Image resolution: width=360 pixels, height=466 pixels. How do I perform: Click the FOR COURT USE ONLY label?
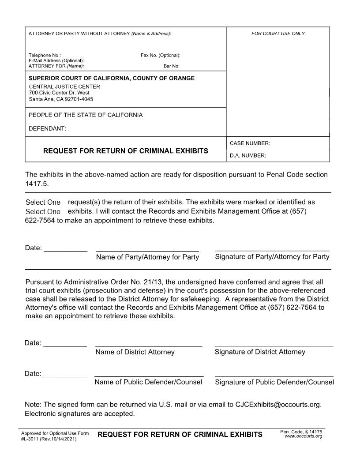pyautogui.click(x=278, y=34)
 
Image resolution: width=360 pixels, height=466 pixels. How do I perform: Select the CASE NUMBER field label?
pyautogui.click(x=250, y=143)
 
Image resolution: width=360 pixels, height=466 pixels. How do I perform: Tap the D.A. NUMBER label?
pyautogui.click(x=247, y=155)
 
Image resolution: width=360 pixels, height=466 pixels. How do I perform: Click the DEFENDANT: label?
pyautogui.click(x=47, y=128)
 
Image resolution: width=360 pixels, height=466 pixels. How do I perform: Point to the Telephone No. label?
pyautogui.click(x=45, y=55)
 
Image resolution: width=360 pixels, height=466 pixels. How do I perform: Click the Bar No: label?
pyautogui.click(x=172, y=66)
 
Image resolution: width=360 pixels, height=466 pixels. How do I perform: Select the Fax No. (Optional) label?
pyautogui.click(x=160, y=55)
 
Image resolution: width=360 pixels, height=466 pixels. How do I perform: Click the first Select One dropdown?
pyautogui.click(x=43, y=202)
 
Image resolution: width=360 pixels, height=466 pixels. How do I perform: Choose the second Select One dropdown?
pyautogui.click(x=43, y=211)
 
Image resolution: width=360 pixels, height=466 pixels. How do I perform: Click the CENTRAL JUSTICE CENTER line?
pyautogui.click(x=64, y=86)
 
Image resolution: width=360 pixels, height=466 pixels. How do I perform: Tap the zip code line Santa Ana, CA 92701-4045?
pyautogui.click(x=61, y=99)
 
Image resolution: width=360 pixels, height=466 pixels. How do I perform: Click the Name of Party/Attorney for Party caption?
pyautogui.click(x=147, y=257)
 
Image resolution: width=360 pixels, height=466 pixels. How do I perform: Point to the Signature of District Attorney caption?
pyautogui.click(x=260, y=352)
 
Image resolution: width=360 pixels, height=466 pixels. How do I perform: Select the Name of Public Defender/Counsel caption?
pyautogui.click(x=148, y=382)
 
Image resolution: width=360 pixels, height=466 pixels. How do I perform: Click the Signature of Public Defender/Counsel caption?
pyautogui.click(x=274, y=382)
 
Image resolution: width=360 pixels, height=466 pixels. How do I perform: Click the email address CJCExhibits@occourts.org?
pyautogui.click(x=278, y=404)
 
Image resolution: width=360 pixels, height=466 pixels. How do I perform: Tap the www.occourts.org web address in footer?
pyautogui.click(x=303, y=436)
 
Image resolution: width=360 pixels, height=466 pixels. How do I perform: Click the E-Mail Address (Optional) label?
pyautogui.click(x=56, y=60)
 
